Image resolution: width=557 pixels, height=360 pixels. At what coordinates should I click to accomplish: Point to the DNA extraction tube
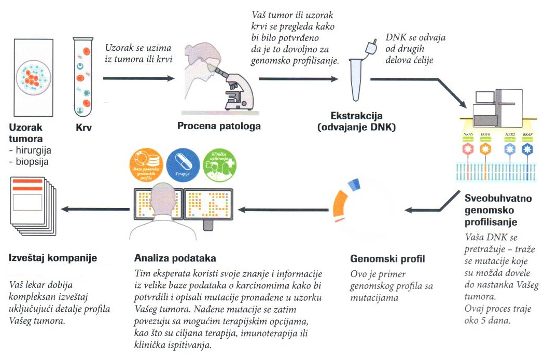point(356,78)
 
